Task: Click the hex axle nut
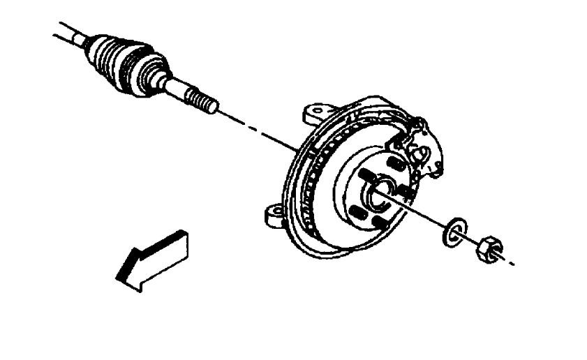tap(488, 248)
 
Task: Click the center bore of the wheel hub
tap(381, 192)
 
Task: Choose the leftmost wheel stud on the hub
tap(356, 211)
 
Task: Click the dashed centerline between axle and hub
tap(258, 130)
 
